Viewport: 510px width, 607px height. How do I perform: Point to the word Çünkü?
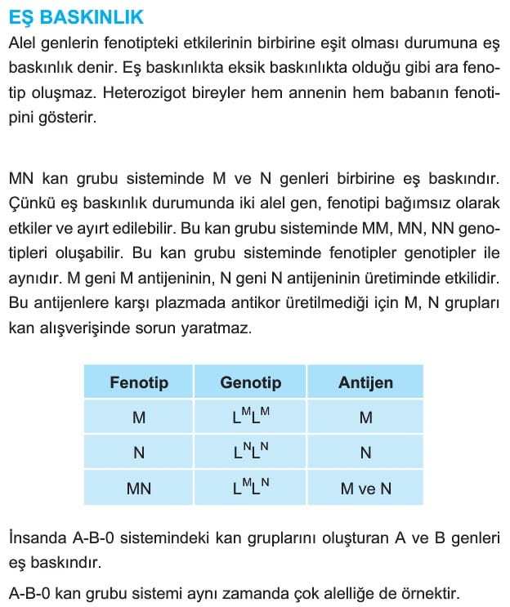click(30, 201)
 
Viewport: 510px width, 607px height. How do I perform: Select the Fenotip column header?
click(138, 382)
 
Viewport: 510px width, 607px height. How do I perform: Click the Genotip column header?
click(250, 382)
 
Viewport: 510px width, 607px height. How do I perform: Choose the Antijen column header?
click(365, 382)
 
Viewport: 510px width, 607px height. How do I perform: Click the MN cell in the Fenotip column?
click(138, 489)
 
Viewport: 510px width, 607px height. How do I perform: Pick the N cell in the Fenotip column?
click(138, 453)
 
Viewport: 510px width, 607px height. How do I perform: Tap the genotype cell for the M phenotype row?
click(250, 417)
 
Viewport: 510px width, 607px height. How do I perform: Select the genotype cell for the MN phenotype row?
click(250, 488)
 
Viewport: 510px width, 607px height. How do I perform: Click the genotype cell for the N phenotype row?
click(250, 452)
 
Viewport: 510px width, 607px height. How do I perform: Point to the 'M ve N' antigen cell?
click(365, 489)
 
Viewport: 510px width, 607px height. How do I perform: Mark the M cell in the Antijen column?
click(365, 417)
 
